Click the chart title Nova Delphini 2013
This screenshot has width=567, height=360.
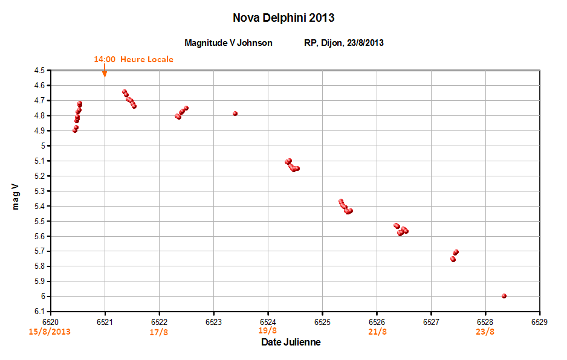click(283, 18)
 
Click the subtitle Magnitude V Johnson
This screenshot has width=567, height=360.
click(228, 43)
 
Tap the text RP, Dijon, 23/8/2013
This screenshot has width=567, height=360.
click(344, 43)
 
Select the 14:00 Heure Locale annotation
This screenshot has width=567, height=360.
click(133, 59)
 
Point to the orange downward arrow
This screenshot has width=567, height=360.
click(105, 71)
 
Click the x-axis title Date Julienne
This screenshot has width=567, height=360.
click(291, 342)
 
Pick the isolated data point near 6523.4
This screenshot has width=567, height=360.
click(235, 114)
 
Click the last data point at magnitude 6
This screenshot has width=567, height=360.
click(504, 296)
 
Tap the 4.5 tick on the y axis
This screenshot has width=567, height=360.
click(39, 71)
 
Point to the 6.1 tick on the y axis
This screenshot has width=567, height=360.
click(39, 312)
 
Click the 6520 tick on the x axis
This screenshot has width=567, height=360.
click(50, 322)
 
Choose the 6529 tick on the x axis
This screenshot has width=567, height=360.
click(539, 322)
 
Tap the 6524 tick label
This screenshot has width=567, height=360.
click(268, 322)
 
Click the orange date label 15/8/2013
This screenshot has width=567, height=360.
click(50, 332)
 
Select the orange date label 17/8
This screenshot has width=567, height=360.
click(159, 332)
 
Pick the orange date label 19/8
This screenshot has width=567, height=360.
click(268, 330)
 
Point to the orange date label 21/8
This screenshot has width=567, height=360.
click(377, 332)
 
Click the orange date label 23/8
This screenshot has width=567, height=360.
click(485, 332)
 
